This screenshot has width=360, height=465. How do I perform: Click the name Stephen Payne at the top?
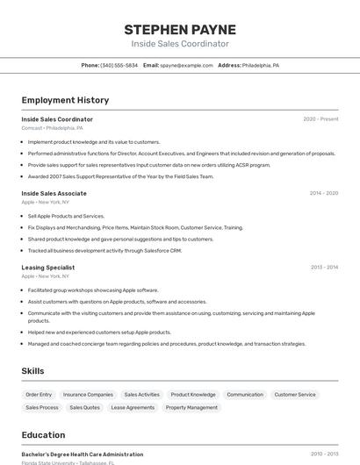[180, 30]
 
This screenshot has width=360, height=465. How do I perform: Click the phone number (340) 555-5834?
[119, 65]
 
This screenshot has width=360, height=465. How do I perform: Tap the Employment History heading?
[65, 100]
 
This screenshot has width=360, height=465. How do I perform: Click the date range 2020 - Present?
[320, 119]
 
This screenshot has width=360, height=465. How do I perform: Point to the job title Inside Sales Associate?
[54, 193]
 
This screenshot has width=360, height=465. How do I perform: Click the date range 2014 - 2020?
[323, 193]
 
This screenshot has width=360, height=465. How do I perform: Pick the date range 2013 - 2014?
[324, 268]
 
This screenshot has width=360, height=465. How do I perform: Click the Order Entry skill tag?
[39, 395]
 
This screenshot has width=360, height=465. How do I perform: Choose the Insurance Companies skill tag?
[88, 395]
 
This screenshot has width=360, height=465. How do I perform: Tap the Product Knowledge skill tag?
[193, 395]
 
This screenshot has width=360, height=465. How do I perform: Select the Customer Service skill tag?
[295, 395]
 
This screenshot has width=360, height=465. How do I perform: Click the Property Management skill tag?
[191, 407]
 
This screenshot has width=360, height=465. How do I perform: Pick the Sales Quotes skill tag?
[85, 407]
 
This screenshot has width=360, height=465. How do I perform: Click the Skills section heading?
[32, 371]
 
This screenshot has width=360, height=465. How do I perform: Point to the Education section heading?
[43, 434]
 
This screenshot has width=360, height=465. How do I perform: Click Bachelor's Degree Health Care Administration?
[83, 454]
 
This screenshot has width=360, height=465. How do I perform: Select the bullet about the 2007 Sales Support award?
[121, 176]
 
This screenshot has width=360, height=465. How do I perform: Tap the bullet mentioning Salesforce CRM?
[104, 250]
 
